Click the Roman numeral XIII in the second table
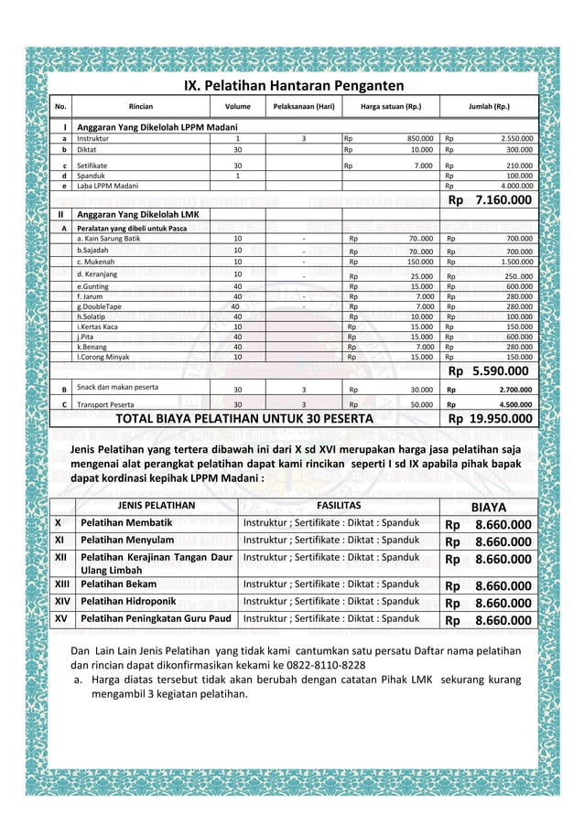(62, 584)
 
